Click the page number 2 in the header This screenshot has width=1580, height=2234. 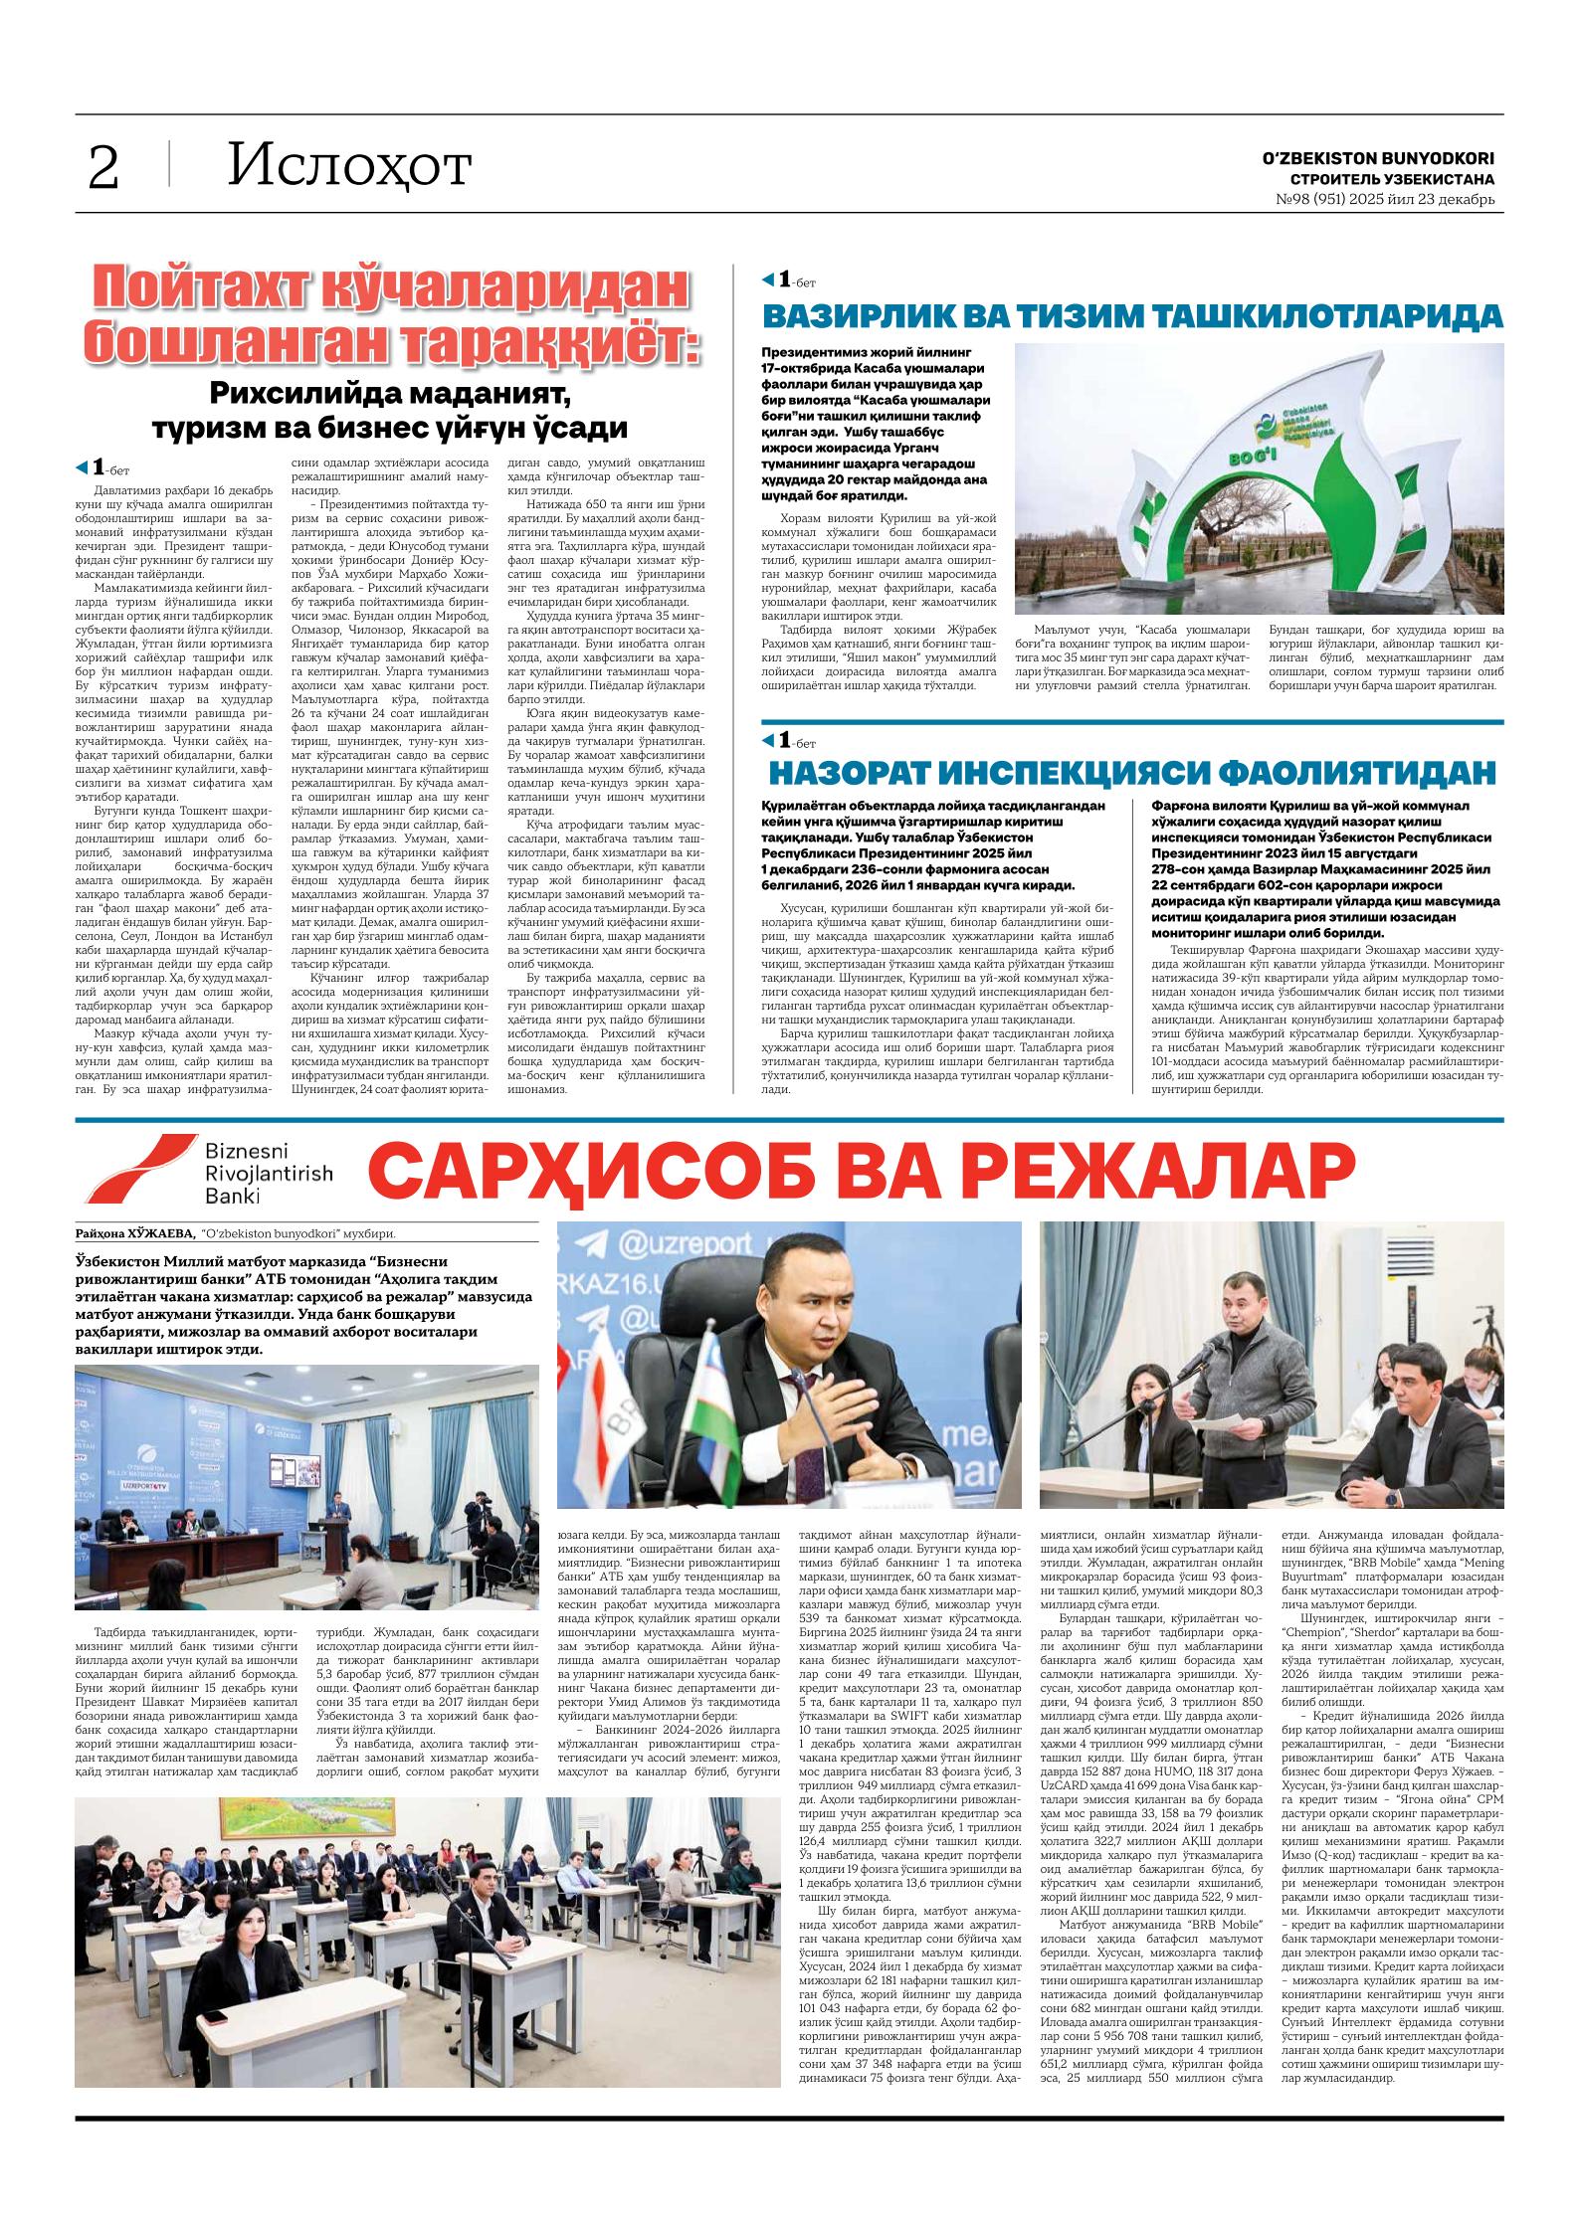pyautogui.click(x=103, y=166)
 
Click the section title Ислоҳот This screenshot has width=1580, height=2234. pyautogui.click(x=347, y=165)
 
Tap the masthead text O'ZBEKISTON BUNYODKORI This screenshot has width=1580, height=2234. pyautogui.click(x=1378, y=158)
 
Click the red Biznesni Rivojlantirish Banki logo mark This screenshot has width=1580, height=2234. pyautogui.click(x=135, y=1169)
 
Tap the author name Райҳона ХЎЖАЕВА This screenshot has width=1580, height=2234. pyautogui.click(x=132, y=1234)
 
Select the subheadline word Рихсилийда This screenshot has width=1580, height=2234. pyautogui.click(x=294, y=394)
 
